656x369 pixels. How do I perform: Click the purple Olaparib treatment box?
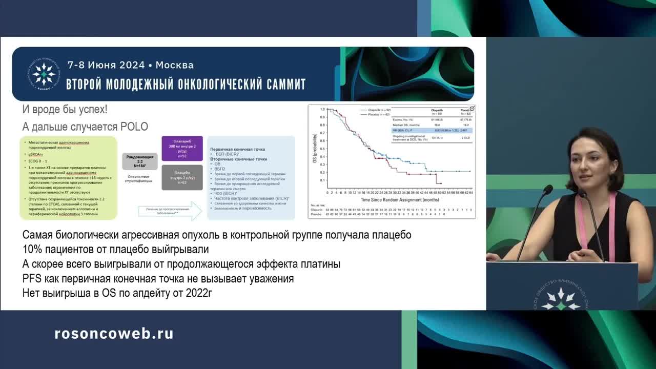tap(182, 149)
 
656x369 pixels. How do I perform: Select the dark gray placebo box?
tap(182, 177)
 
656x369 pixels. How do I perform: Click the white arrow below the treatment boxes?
tap(171, 211)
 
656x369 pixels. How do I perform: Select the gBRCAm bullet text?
tap(36, 154)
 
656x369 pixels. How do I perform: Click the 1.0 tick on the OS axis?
tap(323, 110)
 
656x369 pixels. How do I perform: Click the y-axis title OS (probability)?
tap(314, 149)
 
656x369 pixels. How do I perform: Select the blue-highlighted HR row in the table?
tap(430, 131)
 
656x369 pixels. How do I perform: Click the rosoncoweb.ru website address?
tap(114, 334)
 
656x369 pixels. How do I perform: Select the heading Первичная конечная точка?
tap(238, 149)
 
